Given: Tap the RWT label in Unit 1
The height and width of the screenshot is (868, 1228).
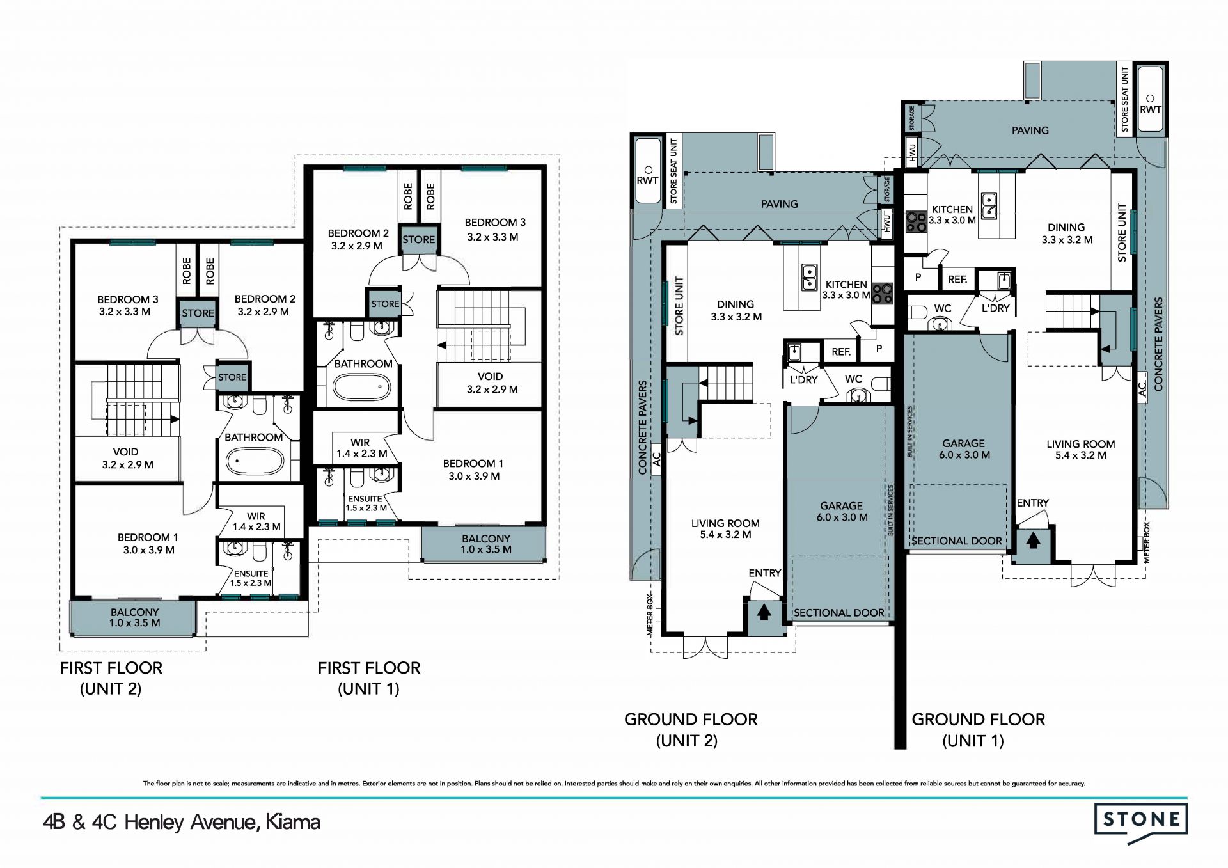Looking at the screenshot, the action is pyautogui.click(x=1150, y=110).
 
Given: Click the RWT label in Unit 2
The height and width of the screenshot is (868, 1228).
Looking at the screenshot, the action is pyautogui.click(x=647, y=181).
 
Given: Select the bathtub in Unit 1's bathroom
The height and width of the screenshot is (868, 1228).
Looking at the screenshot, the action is pyautogui.click(x=363, y=387).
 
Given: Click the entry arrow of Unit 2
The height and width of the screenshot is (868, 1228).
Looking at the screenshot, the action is pyautogui.click(x=764, y=613).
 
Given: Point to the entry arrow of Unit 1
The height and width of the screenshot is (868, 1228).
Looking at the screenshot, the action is pyautogui.click(x=1033, y=541).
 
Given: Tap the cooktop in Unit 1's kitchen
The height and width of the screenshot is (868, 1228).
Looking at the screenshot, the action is pyautogui.click(x=916, y=221).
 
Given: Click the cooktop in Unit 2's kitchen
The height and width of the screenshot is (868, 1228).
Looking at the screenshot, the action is pyautogui.click(x=883, y=293).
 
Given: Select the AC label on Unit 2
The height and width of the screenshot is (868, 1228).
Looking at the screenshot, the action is pyautogui.click(x=656, y=459).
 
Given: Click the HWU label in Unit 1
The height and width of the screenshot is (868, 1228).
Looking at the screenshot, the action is pyautogui.click(x=912, y=153).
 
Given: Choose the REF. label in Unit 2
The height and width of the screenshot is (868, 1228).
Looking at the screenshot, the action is pyautogui.click(x=841, y=352).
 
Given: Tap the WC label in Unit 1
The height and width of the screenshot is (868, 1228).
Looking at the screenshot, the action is pyautogui.click(x=943, y=308).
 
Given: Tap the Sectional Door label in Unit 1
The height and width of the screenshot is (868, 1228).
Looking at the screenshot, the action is pyautogui.click(x=957, y=541).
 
